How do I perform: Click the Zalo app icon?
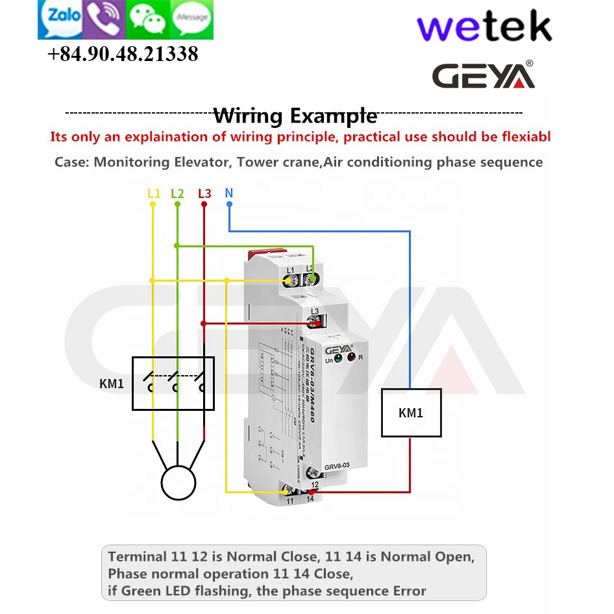click(61, 18)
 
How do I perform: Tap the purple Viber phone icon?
click(105, 18)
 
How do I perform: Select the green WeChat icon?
click(149, 19)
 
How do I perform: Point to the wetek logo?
click(484, 28)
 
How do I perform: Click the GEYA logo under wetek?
click(484, 75)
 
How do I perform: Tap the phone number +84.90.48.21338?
click(123, 55)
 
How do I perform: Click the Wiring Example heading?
click(295, 116)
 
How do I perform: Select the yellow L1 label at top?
click(154, 193)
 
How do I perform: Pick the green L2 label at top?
click(177, 193)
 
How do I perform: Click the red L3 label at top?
click(204, 193)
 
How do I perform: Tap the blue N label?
click(228, 193)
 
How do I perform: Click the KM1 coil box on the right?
click(411, 413)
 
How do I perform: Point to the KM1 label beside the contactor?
click(112, 384)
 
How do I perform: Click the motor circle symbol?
click(178, 483)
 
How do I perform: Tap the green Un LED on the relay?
click(338, 358)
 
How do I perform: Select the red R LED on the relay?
click(351, 358)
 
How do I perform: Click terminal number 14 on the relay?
click(310, 499)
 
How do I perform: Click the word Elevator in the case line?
click(200, 162)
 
